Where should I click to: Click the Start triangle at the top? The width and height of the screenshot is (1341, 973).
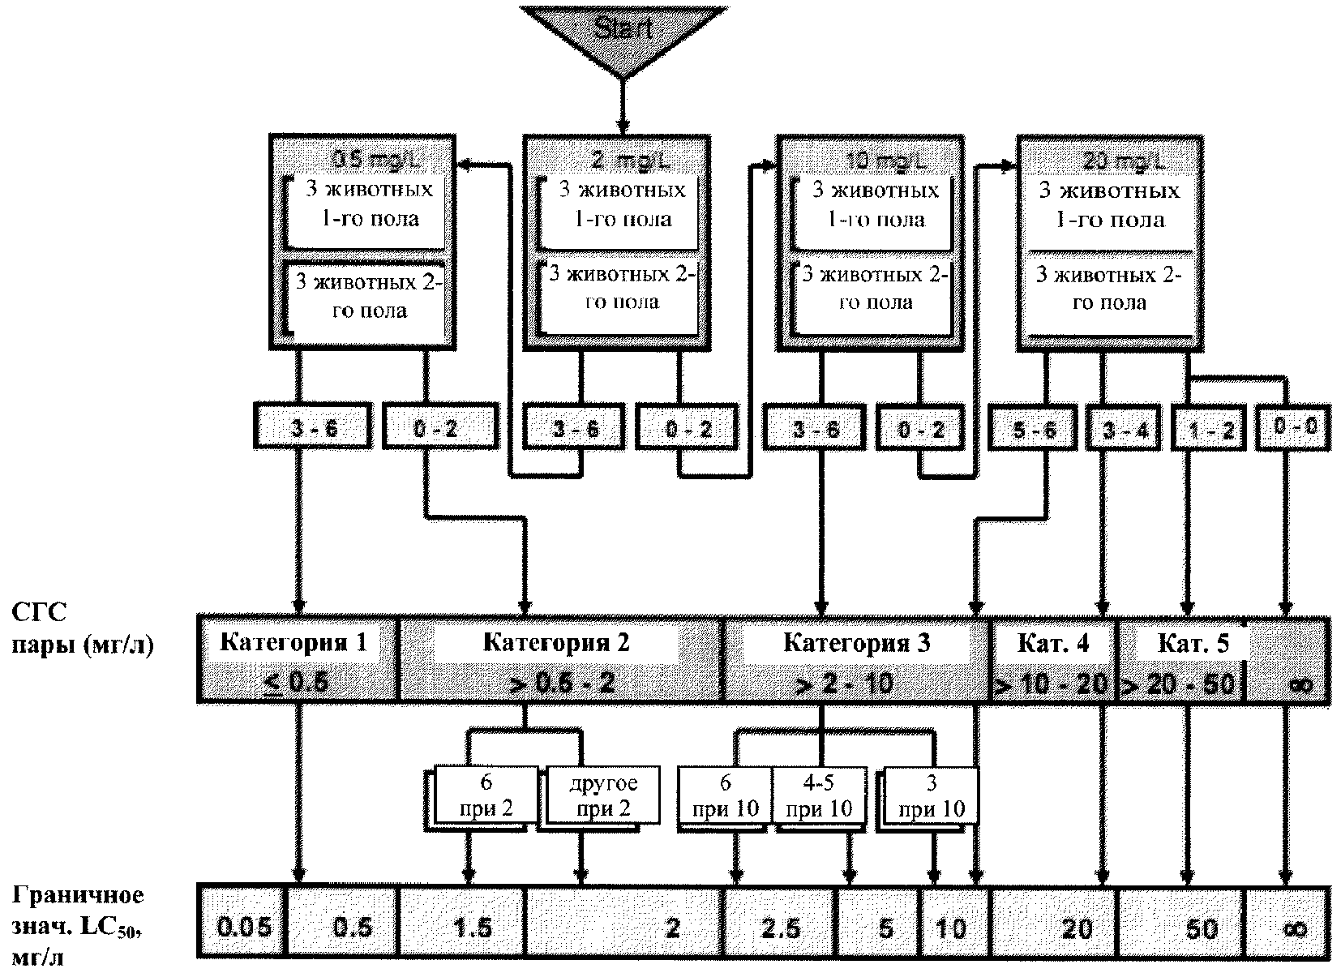point(622,32)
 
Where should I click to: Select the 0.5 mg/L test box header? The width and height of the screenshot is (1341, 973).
point(362,157)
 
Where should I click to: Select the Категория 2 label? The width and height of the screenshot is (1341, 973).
point(556,643)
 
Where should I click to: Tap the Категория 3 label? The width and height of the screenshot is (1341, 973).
point(856,643)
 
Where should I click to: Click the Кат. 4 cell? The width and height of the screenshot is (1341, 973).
point(1053,644)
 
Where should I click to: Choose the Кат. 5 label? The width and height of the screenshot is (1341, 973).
point(1181,644)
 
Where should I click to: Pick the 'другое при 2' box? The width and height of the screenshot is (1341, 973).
point(603,795)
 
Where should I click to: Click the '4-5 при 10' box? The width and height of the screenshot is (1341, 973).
point(819,795)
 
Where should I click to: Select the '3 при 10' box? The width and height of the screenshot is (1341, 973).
point(932,795)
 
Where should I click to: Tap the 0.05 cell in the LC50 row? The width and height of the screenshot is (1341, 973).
point(244,925)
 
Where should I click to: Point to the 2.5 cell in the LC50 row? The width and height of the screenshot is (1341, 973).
point(780,925)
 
